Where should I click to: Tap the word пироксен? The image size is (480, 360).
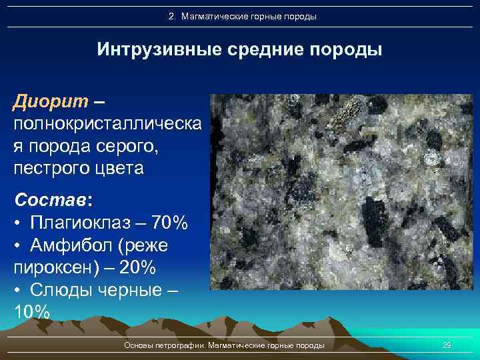pos(57,267)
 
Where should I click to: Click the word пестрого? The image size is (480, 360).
pos(54,167)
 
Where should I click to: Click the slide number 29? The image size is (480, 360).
pos(447,345)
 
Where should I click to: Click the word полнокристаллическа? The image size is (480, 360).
pos(107,124)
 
